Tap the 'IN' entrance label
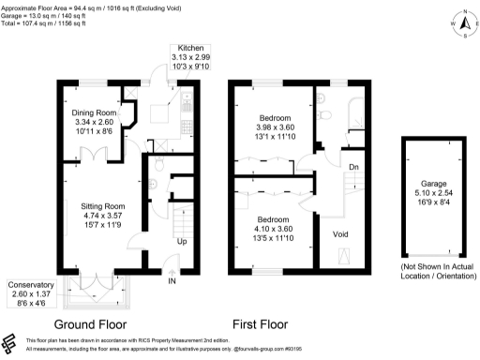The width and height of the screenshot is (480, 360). click(172, 280)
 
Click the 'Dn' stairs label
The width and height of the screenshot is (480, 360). click(353, 167)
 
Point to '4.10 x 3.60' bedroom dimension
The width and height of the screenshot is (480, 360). click(277, 229)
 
